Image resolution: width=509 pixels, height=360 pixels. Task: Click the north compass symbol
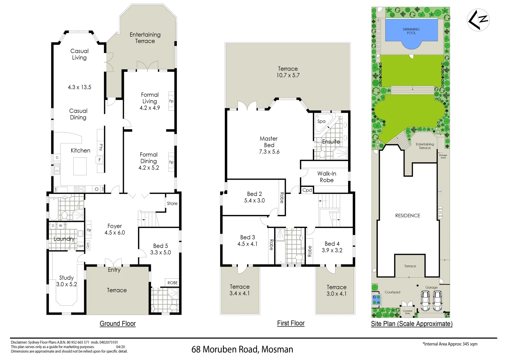pyautogui.click(x=478, y=20)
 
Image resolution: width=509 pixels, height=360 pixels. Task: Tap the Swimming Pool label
pyautogui.click(x=411, y=31)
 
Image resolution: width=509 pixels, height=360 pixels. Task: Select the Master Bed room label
pyautogui.click(x=269, y=142)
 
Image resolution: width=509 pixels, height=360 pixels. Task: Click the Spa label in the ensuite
pyautogui.click(x=321, y=121)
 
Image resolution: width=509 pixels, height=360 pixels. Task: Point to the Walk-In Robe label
pyautogui.click(x=326, y=177)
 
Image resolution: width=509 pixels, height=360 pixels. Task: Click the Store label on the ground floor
pyautogui.click(x=172, y=203)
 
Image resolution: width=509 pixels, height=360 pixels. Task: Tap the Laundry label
pyautogui.click(x=64, y=239)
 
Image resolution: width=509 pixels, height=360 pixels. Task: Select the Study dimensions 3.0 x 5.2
pyautogui.click(x=67, y=284)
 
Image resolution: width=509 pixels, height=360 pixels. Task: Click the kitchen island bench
pyautogui.click(x=80, y=166)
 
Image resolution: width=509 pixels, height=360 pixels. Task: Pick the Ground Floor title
pyautogui.click(x=118, y=323)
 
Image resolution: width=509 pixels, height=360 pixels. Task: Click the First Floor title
pyautogui.click(x=291, y=323)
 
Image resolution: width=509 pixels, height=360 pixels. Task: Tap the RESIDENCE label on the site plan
pyautogui.click(x=407, y=216)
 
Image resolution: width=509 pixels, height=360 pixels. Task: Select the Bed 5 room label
pyautogui.click(x=161, y=246)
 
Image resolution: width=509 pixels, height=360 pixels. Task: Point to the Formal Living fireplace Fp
pyautogui.click(x=171, y=101)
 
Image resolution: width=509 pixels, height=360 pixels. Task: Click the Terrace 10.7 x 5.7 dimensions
pyautogui.click(x=288, y=75)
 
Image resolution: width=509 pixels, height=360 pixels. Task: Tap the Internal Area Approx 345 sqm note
pyautogui.click(x=450, y=344)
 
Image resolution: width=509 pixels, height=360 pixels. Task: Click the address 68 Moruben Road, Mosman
pyautogui.click(x=242, y=349)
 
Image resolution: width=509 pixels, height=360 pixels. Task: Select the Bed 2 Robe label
pyautogui.click(x=282, y=198)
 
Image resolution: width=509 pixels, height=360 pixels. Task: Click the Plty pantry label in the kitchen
pyautogui.click(x=101, y=147)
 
